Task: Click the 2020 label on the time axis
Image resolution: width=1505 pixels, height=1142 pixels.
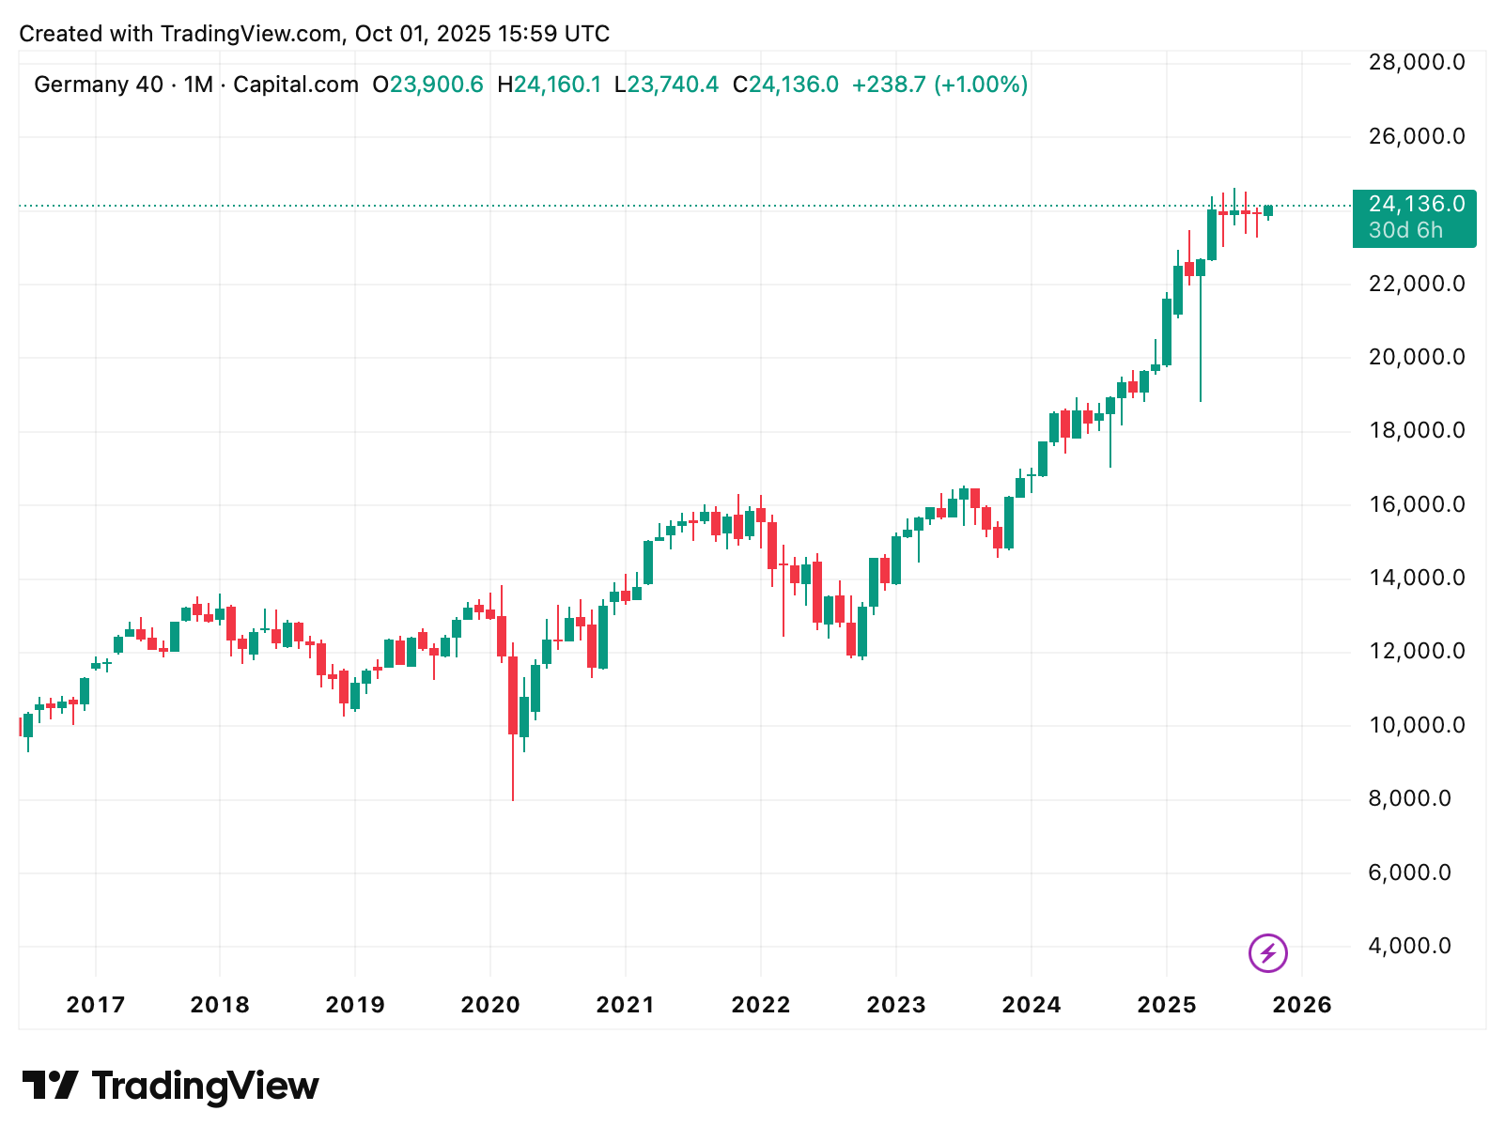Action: tap(489, 1005)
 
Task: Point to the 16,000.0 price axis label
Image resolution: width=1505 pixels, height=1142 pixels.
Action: tap(1416, 504)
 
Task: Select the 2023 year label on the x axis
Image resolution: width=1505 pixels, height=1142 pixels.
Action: tap(895, 1005)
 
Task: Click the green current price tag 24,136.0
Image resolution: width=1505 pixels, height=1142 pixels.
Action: tap(1415, 205)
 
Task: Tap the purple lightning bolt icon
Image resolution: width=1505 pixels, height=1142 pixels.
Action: tap(1267, 953)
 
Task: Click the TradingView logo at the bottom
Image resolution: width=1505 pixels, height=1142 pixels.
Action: tap(171, 1086)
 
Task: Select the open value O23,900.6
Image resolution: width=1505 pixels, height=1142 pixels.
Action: tap(427, 85)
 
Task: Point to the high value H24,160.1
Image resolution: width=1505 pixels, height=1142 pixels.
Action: tap(549, 85)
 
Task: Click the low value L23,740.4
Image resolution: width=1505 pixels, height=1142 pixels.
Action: tap(666, 85)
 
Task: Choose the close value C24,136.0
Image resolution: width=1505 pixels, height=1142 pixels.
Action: tap(785, 85)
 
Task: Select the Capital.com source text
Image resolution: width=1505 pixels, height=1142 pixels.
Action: tap(296, 85)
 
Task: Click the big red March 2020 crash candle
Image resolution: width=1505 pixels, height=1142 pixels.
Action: tap(513, 695)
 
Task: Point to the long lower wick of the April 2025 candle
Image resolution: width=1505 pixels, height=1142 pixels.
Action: tap(1201, 347)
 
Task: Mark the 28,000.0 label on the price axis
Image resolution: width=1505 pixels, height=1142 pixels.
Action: tap(1416, 63)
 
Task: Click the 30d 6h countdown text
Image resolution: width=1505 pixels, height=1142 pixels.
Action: tap(1405, 230)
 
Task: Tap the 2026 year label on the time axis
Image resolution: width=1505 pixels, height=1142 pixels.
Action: tap(1301, 1005)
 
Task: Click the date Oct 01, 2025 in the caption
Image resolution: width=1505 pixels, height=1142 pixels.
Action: tap(422, 34)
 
